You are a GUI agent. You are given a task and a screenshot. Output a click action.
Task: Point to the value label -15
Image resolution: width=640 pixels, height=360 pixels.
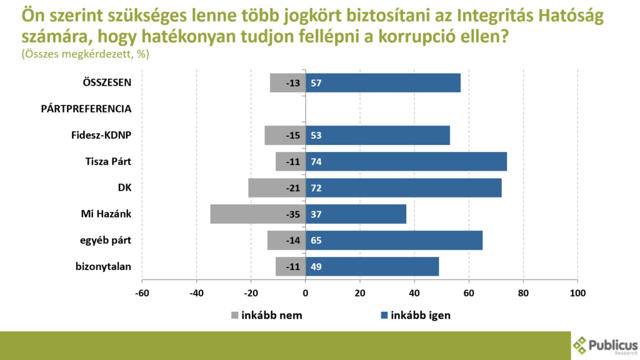(x=292, y=136)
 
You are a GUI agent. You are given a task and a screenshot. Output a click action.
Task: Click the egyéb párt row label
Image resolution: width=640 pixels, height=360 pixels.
(x=104, y=240)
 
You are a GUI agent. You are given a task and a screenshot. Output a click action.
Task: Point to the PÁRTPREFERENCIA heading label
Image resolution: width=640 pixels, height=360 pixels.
(x=86, y=109)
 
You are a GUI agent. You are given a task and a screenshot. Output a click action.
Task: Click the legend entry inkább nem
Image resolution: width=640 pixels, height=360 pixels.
(x=271, y=315)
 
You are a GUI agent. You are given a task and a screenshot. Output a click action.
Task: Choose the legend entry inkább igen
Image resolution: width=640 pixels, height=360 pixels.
(x=420, y=315)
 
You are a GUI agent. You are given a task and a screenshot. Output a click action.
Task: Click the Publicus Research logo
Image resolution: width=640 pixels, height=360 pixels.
(x=605, y=345)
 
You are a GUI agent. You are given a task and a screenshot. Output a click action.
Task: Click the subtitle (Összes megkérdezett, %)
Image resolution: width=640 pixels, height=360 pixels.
(x=85, y=54)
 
